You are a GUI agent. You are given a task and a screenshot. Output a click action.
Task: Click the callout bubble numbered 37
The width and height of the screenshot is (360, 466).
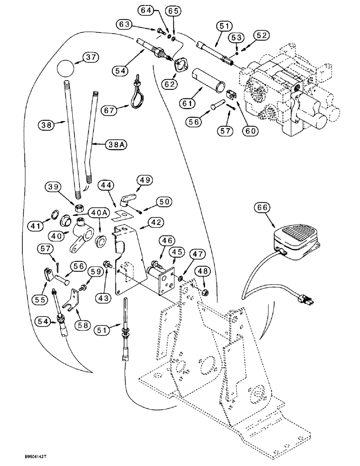[91, 57]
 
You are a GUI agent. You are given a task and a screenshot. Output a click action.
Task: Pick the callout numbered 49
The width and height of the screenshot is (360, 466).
[145, 180]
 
